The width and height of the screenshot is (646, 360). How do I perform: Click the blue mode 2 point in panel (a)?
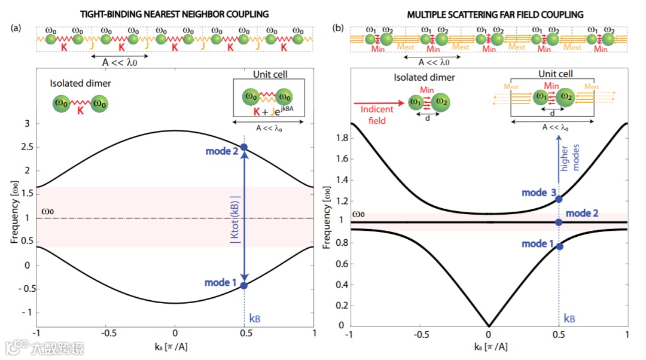point(243,147)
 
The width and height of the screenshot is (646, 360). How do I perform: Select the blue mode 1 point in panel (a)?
point(243,285)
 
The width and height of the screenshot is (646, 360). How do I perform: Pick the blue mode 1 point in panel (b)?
point(559,246)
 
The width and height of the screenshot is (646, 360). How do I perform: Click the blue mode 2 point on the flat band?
point(559,222)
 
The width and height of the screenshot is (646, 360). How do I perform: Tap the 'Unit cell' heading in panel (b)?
point(556,74)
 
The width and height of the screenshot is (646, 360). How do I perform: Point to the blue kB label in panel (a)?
point(254,319)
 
